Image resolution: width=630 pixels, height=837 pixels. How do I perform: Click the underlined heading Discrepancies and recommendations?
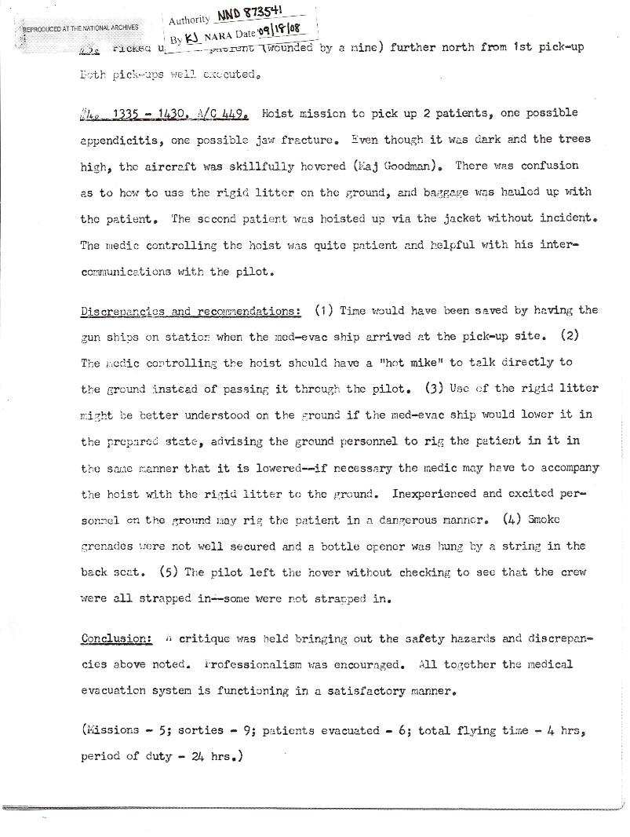point(191,311)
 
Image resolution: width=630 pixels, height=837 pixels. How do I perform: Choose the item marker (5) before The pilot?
point(172,572)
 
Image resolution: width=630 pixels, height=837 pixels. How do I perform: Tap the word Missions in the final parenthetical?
point(114,731)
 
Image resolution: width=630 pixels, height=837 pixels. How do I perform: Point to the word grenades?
point(108,546)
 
